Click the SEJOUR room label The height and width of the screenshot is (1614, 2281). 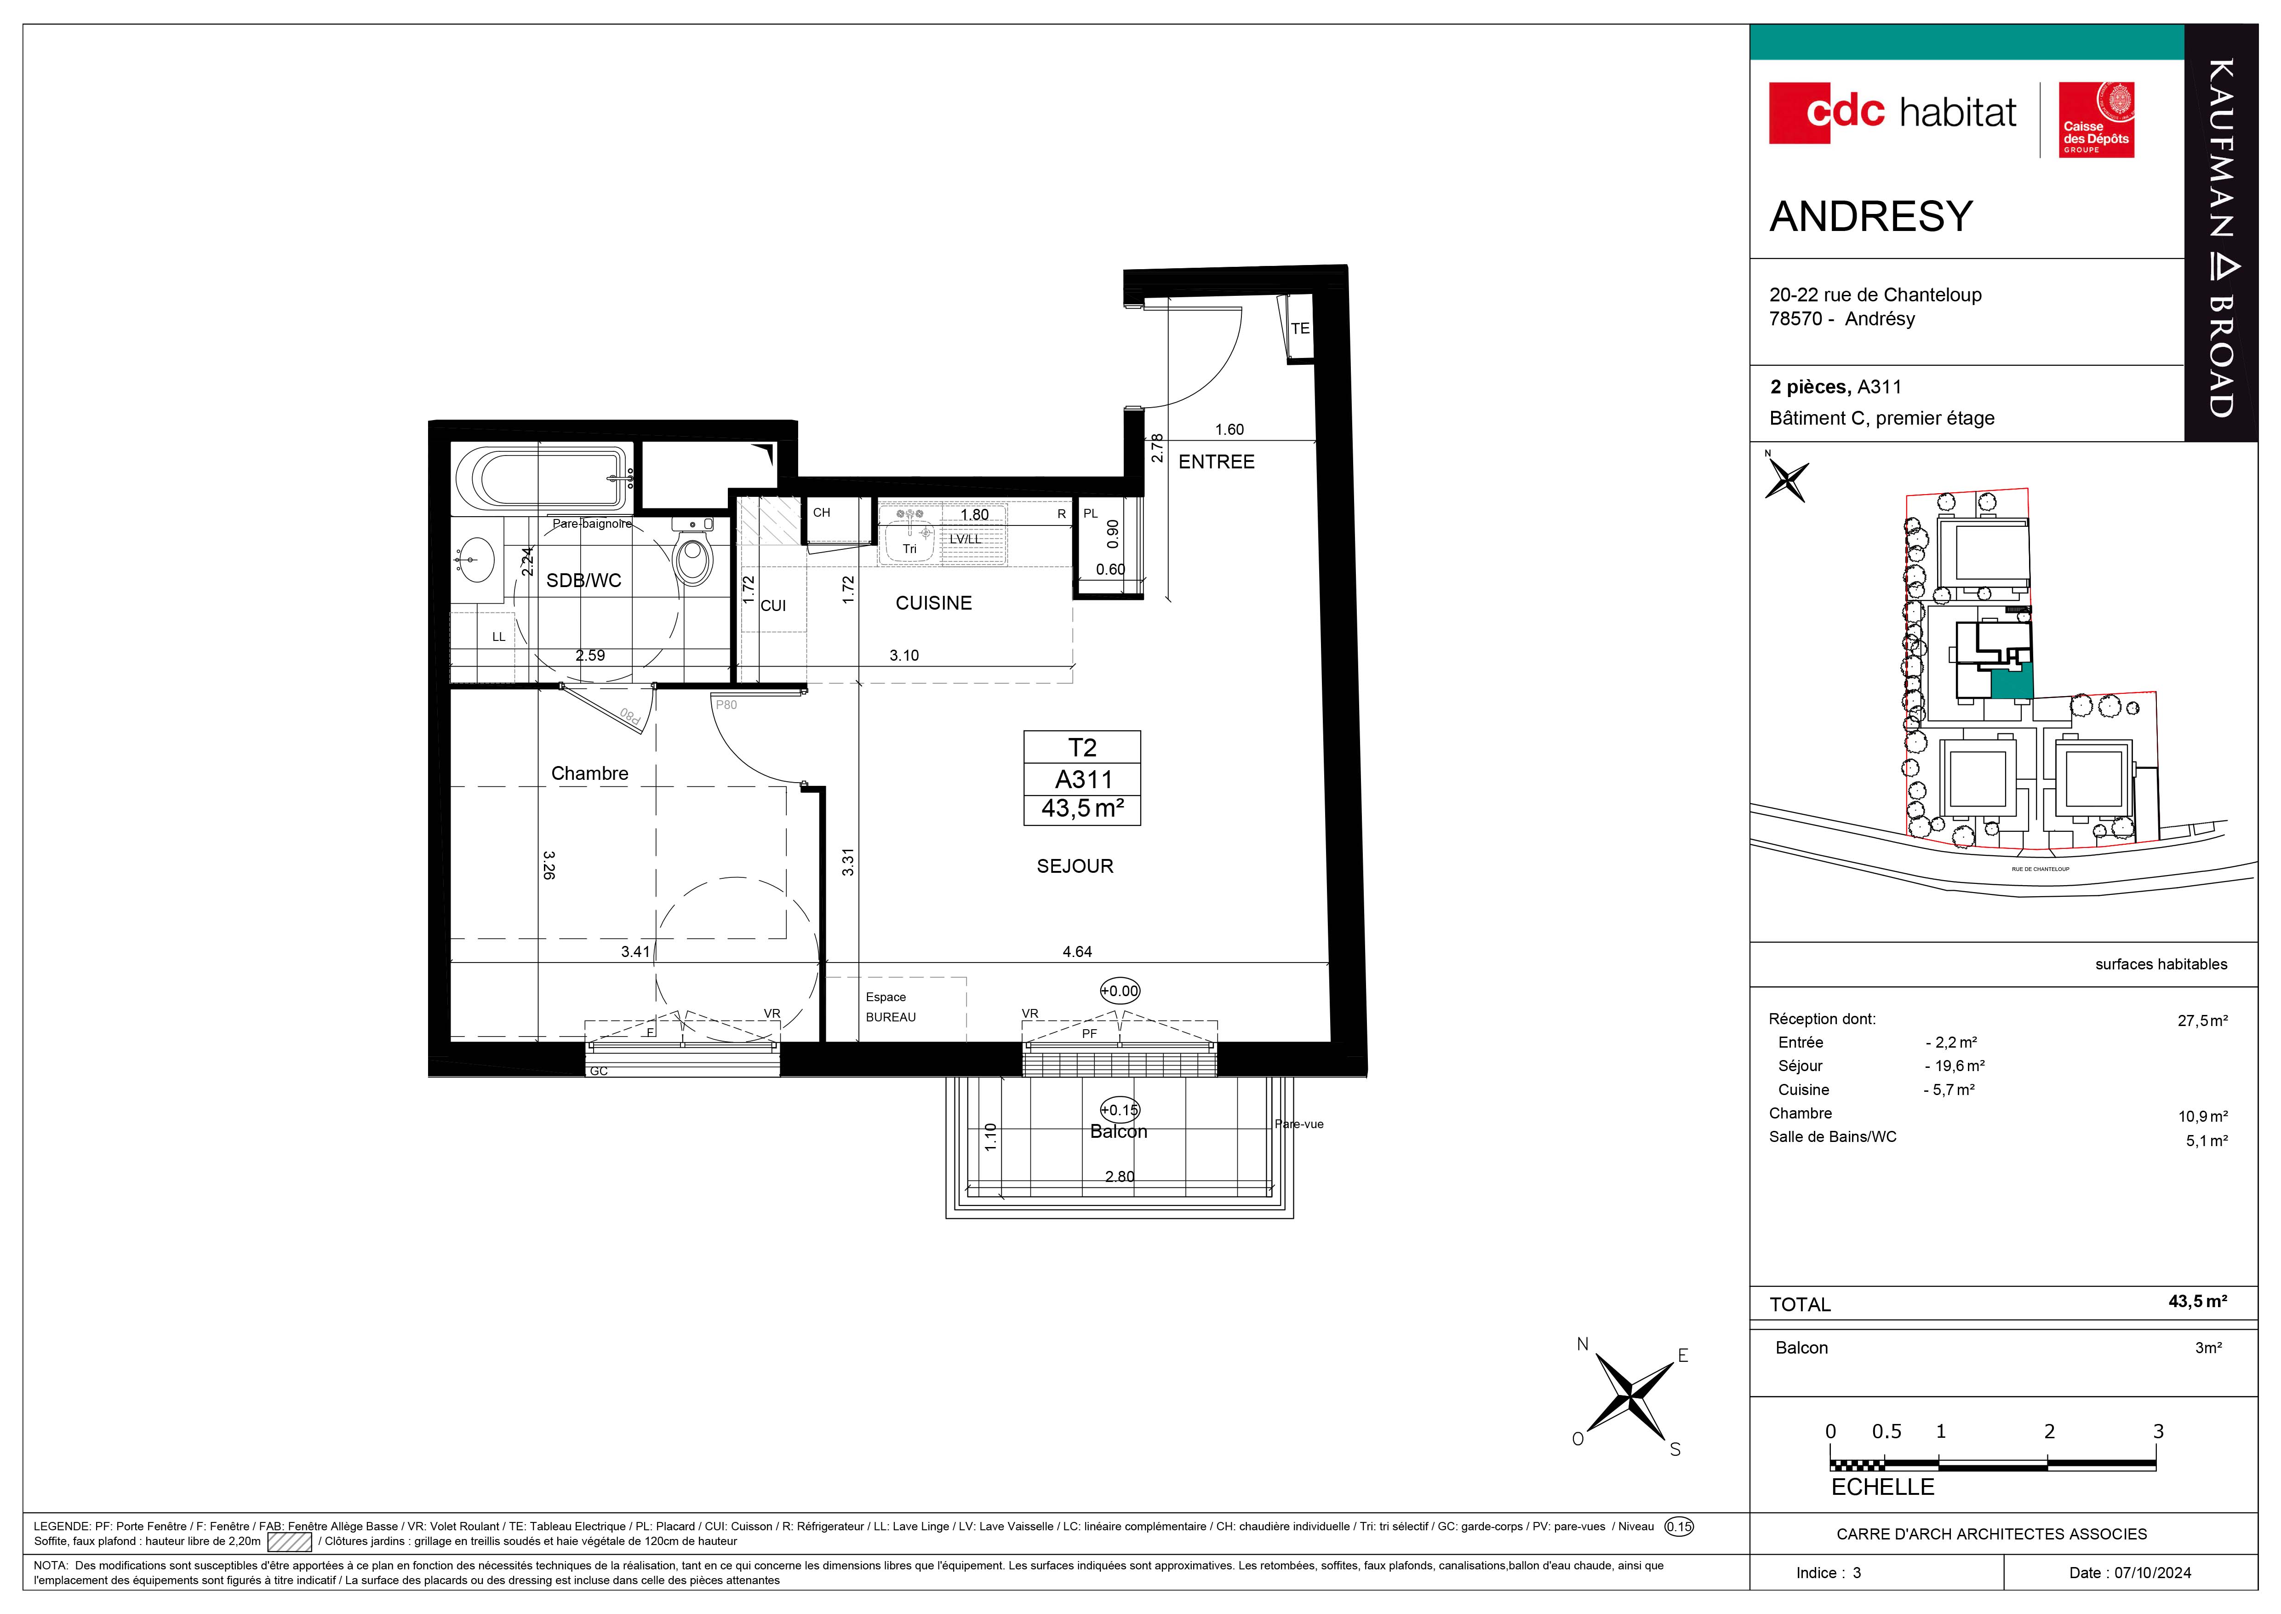coord(1075,867)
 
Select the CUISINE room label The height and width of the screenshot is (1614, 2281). coord(934,603)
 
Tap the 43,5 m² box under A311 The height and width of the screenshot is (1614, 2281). coord(1082,809)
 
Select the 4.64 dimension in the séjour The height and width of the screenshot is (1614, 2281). coord(1077,952)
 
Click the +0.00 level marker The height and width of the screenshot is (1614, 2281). coord(1120,991)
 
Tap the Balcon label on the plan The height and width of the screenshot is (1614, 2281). coord(1119,1132)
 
